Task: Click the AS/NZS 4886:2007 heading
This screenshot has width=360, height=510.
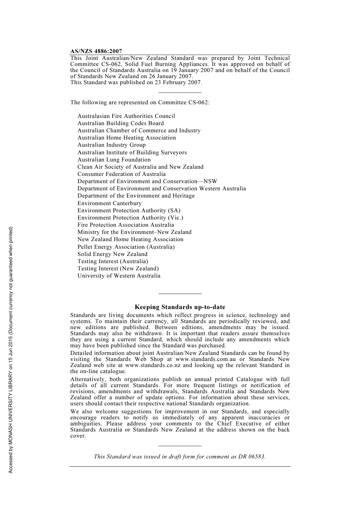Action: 96,51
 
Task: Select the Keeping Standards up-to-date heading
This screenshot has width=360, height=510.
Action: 180,307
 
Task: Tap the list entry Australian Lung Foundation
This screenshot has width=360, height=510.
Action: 114,160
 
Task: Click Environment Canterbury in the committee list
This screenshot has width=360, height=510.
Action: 110,203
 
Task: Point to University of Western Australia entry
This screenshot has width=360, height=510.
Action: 119,276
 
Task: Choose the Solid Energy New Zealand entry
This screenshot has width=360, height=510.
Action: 113,254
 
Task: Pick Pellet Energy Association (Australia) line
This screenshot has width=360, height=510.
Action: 126,247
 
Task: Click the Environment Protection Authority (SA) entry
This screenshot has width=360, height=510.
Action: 129,210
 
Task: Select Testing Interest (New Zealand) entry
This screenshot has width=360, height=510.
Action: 118,268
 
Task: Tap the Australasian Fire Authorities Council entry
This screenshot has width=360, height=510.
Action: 126,116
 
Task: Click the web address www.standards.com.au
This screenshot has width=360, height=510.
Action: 205,359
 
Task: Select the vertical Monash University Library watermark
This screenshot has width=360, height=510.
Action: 11,350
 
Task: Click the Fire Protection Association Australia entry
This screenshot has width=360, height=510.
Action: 126,225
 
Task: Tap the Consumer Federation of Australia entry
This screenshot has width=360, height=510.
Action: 122,174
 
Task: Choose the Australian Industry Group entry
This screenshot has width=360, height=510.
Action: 111,145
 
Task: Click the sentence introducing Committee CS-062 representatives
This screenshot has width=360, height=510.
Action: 140,102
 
